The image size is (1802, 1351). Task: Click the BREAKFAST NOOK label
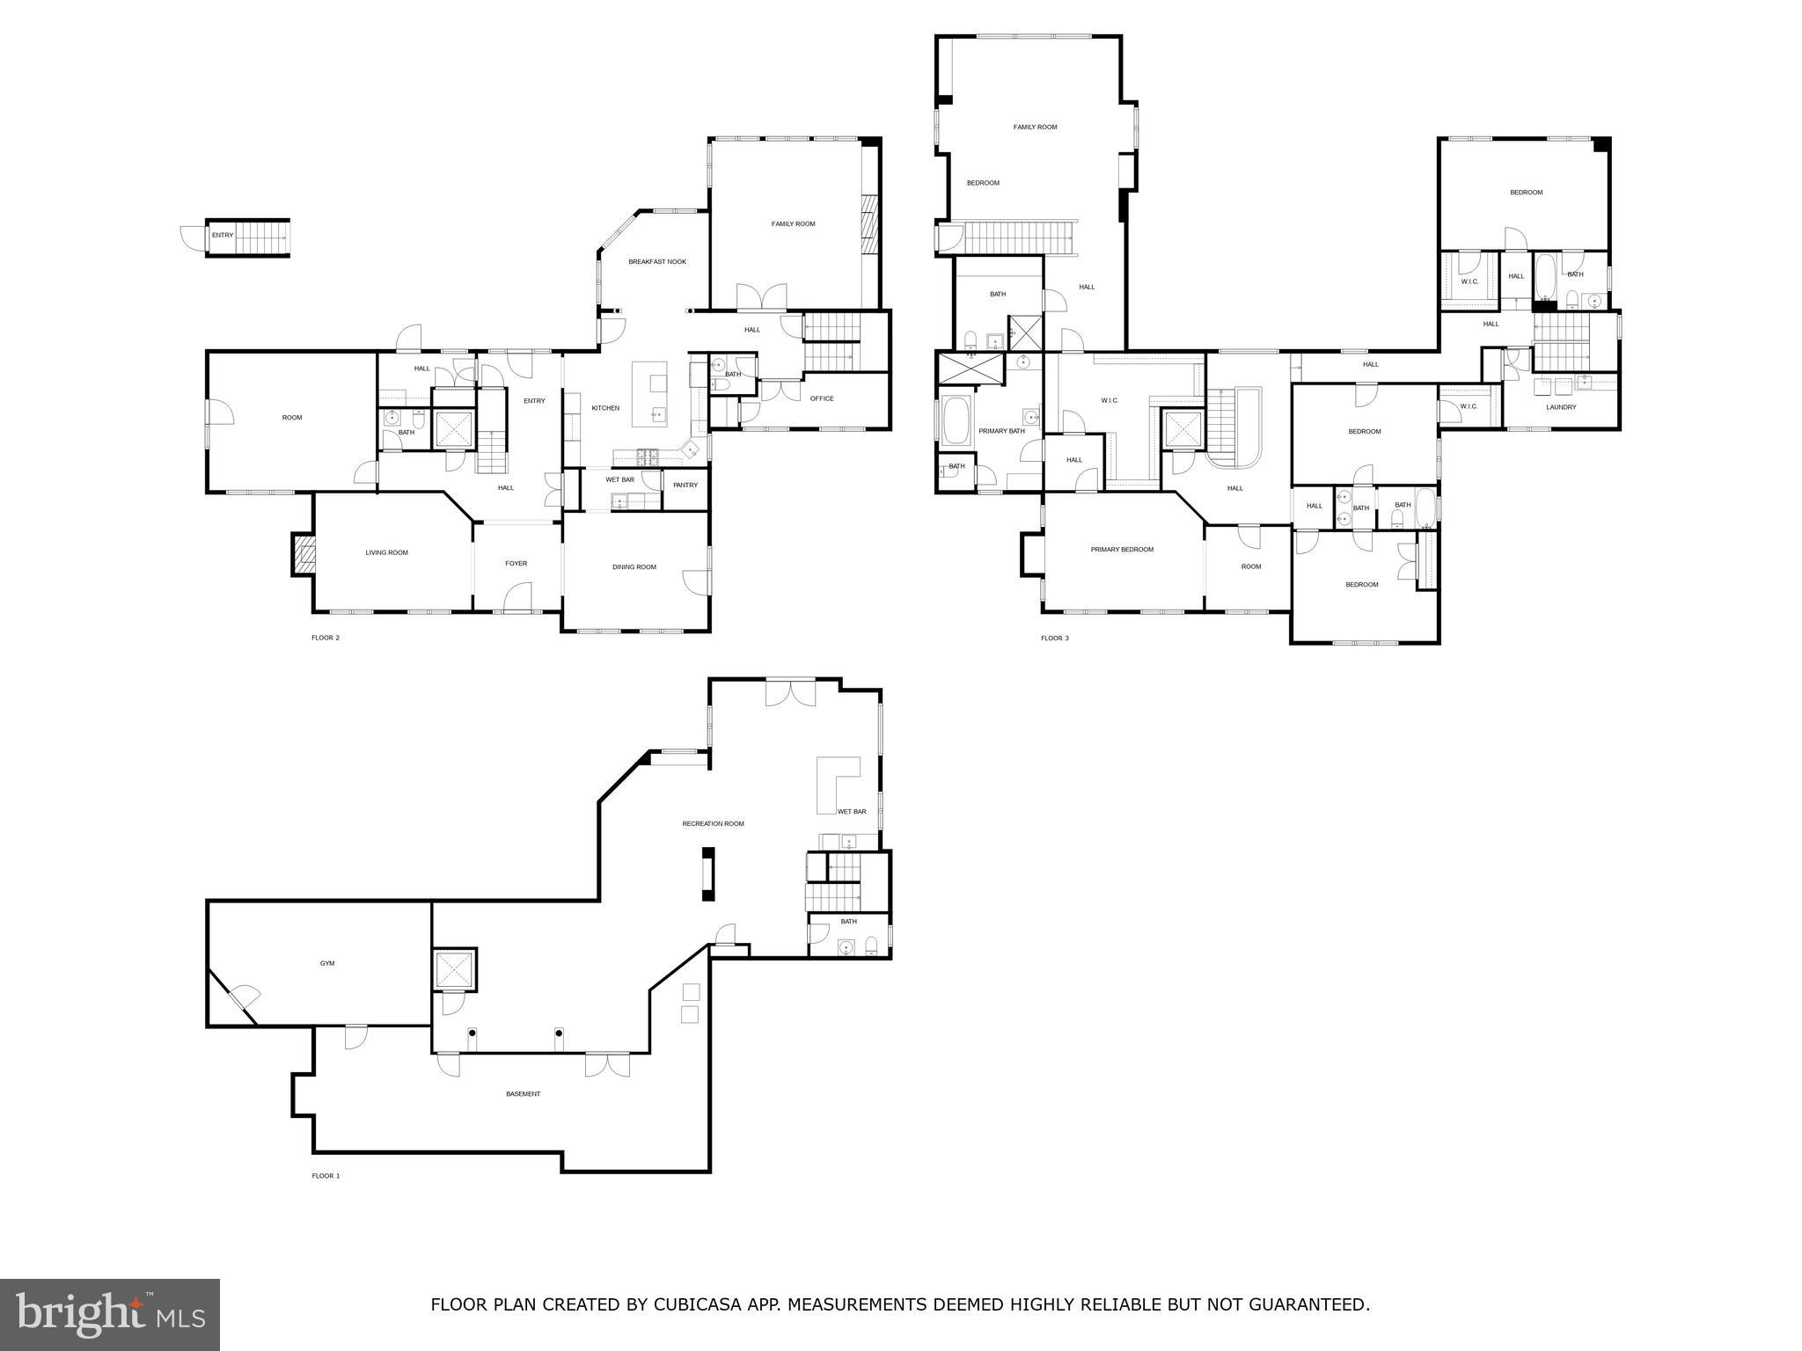coord(656,262)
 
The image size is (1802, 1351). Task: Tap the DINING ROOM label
coord(634,567)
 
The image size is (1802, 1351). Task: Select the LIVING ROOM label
coord(386,553)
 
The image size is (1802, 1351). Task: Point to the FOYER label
coord(516,564)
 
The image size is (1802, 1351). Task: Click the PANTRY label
coord(685,486)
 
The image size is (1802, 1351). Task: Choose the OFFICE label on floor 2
coord(821,399)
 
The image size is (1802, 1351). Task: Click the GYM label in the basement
coord(326,964)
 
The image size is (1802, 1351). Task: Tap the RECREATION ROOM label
coord(713,824)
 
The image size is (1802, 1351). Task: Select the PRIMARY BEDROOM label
coord(1121,550)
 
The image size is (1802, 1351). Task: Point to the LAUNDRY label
coord(1561,407)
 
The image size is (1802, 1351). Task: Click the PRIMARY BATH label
coord(1001,431)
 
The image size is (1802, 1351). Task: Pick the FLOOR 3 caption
coord(1054,639)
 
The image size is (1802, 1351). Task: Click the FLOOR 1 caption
coord(325,1176)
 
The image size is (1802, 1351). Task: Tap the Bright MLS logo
coord(110,1314)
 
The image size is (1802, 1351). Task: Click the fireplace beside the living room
coord(304,556)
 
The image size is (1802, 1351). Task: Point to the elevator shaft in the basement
coord(454,970)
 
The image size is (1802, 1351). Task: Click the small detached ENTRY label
coord(223,236)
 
